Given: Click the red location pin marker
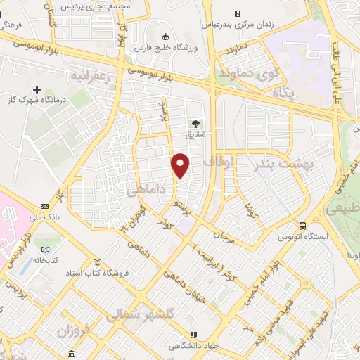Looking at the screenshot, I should click(x=181, y=165).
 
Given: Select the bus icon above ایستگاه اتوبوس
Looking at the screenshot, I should click(x=302, y=226).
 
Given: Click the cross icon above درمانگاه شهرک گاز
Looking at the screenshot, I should click(x=37, y=90).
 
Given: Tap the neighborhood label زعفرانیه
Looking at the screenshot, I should click(x=89, y=75).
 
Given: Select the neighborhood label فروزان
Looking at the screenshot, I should click(x=71, y=329).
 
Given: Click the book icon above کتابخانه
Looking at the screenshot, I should click(x=46, y=250).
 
